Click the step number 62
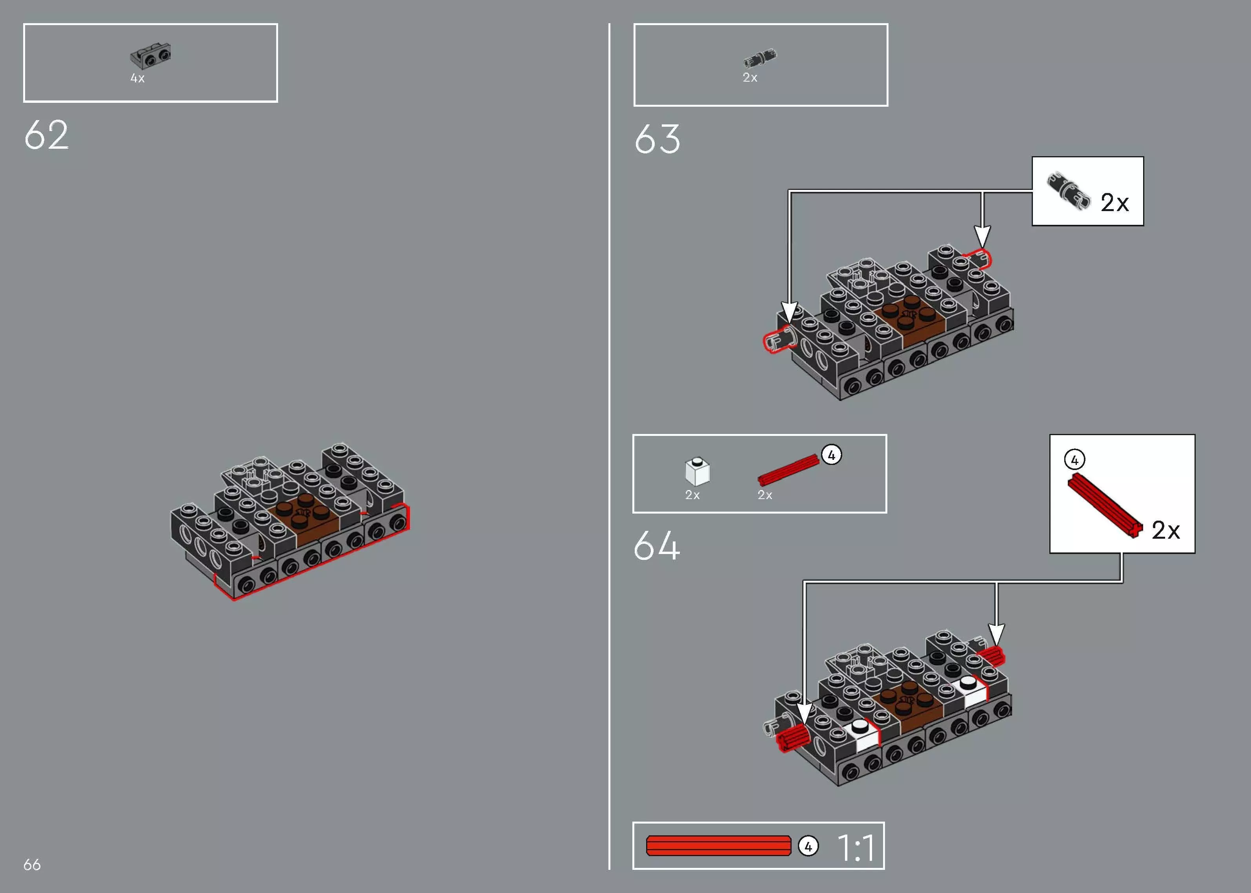pyautogui.click(x=46, y=135)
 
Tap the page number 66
pyautogui.click(x=32, y=864)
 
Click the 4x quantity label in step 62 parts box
pyautogui.click(x=137, y=78)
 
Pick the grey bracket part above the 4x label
pyautogui.click(x=150, y=56)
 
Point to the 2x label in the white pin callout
pyautogui.click(x=1114, y=203)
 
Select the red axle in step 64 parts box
pyautogui.click(x=788, y=470)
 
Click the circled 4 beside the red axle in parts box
pyautogui.click(x=831, y=455)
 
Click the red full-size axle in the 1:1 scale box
pyautogui.click(x=718, y=846)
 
